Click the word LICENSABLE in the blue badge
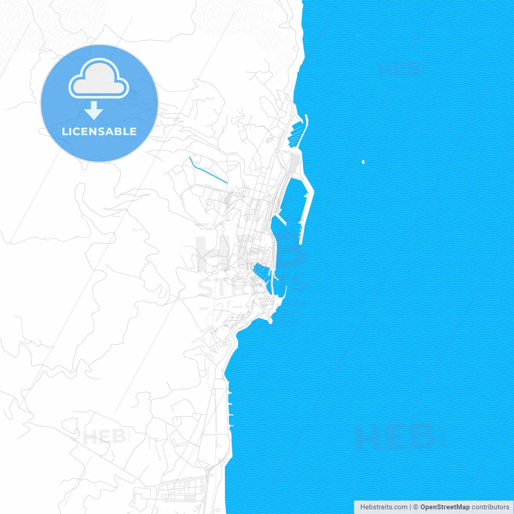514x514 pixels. pos(99,132)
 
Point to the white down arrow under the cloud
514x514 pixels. pos(94,110)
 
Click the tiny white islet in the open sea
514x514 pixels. pos(363,162)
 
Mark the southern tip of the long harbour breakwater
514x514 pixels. pos(301,242)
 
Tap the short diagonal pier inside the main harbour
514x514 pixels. pos(281,219)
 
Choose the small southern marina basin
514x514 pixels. pos(260,271)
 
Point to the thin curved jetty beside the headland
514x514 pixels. pos(285,292)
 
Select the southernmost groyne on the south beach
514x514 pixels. pos(232,425)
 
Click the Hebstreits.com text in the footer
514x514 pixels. pos(383,507)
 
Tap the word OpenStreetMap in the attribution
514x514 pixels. pos(445,507)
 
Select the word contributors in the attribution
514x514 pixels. pos(490,507)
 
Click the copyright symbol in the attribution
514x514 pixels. pos(416,507)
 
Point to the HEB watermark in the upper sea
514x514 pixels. pos(400,69)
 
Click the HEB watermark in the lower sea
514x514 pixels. pos(396,438)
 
